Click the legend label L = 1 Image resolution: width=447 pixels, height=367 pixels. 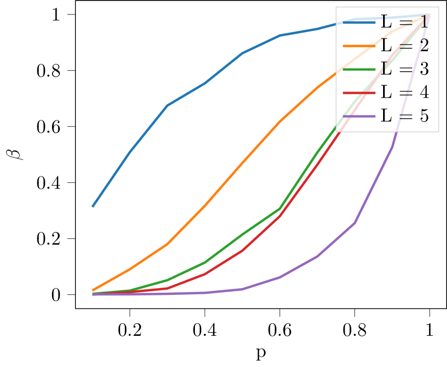(405, 22)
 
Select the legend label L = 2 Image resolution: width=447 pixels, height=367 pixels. (405, 46)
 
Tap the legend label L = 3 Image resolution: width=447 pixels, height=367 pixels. (405, 69)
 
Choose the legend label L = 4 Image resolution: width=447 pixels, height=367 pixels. (405, 92)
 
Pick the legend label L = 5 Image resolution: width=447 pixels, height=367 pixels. (405, 116)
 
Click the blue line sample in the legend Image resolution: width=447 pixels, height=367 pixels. (359, 22)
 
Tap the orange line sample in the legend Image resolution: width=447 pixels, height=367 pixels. (359, 46)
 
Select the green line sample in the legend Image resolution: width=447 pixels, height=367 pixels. (359, 69)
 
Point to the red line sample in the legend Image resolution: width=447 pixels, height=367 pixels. (359, 92)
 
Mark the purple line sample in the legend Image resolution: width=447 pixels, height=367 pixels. (359, 116)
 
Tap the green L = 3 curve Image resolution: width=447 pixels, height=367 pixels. (242, 235)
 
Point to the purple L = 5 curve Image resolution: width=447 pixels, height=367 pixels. (317, 256)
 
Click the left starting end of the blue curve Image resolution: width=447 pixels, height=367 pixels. (93, 207)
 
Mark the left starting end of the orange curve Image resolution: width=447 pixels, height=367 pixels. (93, 290)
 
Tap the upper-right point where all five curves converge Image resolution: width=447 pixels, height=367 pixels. (429, 15)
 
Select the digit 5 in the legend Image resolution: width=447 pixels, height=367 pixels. (424, 116)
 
